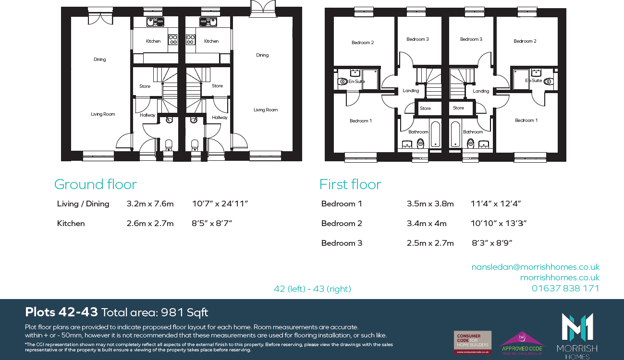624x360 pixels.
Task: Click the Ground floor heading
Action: coord(95,184)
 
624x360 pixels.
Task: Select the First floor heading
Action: coord(350,184)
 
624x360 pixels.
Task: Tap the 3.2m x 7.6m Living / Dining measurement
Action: coord(150,204)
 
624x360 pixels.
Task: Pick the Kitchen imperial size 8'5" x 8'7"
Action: coord(212,223)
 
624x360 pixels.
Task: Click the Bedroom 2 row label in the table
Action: coord(342,223)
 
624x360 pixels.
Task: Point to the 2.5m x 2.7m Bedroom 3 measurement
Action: coord(430,243)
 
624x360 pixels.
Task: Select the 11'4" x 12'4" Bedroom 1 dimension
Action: coord(496,204)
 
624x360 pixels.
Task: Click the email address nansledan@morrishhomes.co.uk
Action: coord(535,267)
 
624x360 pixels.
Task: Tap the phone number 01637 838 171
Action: coord(565,288)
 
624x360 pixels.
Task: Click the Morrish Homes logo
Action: coord(577,335)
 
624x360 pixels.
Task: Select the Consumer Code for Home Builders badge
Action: coord(473,342)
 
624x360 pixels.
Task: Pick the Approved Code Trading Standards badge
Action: coord(522,343)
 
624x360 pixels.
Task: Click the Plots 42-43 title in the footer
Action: coord(61,312)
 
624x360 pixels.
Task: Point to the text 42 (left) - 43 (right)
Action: coord(312,288)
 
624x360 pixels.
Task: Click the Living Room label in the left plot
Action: coord(103,114)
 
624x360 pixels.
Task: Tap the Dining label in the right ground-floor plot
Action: coord(262,55)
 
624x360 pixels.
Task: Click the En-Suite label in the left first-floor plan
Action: coord(356,82)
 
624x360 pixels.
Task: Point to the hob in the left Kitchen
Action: coord(172,39)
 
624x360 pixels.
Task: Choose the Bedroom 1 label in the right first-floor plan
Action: coord(526,120)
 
